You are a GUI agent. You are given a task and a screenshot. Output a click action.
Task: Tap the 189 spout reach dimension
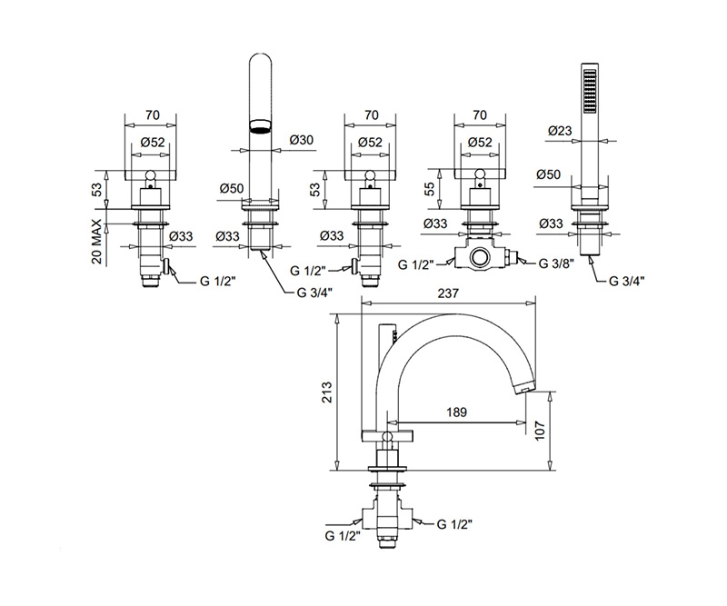point(457,411)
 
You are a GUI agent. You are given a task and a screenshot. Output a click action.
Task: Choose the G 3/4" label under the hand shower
point(626,281)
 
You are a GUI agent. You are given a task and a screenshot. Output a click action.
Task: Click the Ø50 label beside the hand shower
point(549,174)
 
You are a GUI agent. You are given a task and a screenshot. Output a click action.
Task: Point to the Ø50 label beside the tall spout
point(231,187)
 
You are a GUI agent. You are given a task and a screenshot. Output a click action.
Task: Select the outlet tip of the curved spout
point(523,388)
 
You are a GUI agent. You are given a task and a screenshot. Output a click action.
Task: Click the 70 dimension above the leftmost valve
point(151,116)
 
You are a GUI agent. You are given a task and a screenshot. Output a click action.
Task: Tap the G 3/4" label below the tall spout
point(314,293)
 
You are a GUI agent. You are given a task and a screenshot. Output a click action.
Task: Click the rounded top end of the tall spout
point(260,62)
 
